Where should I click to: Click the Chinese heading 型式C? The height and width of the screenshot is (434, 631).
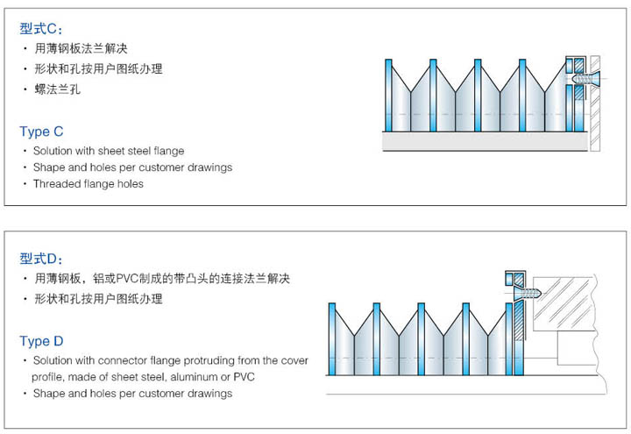pyautogui.click(x=41, y=29)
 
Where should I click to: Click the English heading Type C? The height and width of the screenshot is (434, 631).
pyautogui.click(x=41, y=132)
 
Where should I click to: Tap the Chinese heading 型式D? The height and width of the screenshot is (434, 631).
pyautogui.click(x=41, y=259)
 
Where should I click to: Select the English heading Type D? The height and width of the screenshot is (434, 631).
pyautogui.click(x=41, y=341)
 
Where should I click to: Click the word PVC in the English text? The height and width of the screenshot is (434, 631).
pyautogui.click(x=244, y=377)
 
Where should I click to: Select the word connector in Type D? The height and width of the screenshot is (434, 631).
pyautogui.click(x=122, y=360)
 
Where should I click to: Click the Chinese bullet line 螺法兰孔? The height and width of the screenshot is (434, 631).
pyautogui.click(x=58, y=89)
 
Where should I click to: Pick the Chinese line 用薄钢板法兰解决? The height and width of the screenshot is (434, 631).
pyautogui.click(x=81, y=49)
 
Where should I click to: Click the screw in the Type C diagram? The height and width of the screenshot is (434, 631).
pyautogui.click(x=586, y=78)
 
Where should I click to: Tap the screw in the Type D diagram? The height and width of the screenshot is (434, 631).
pyautogui.click(x=528, y=292)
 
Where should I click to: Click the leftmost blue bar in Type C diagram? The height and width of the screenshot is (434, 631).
pyautogui.click(x=388, y=96)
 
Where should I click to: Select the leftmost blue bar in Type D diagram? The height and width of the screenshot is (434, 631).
pyautogui.click(x=332, y=339)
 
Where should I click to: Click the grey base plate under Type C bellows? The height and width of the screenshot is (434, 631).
pyautogui.click(x=485, y=141)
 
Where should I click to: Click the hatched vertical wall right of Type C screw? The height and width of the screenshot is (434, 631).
pyautogui.click(x=595, y=103)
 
